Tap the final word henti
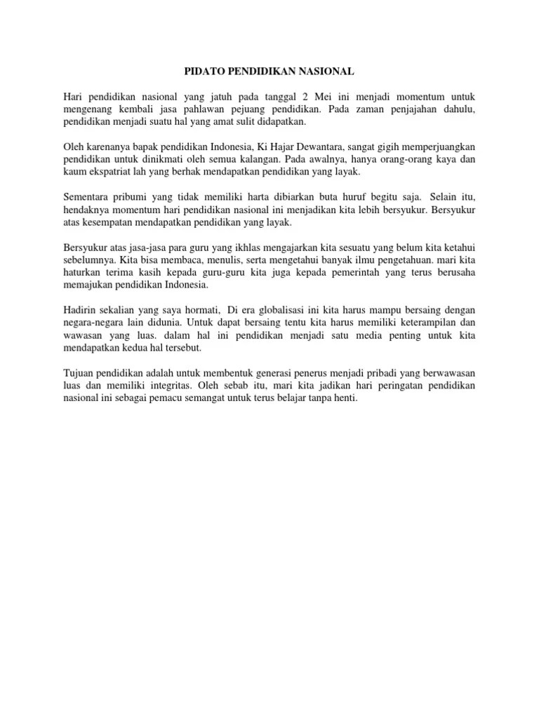click(345, 399)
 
